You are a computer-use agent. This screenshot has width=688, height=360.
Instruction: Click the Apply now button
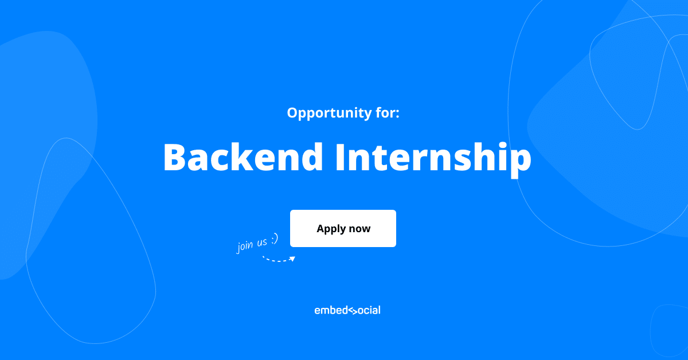pyautogui.click(x=343, y=228)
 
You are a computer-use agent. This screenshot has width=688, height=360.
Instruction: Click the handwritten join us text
pyautogui.click(x=252, y=244)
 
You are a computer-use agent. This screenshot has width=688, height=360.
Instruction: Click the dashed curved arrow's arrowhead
pyautogui.click(x=292, y=259)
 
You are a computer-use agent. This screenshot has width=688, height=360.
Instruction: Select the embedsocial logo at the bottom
pyautogui.click(x=347, y=310)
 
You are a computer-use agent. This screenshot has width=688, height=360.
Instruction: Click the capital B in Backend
pyautogui.click(x=175, y=156)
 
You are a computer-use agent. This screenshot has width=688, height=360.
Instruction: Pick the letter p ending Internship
pyautogui.click(x=519, y=161)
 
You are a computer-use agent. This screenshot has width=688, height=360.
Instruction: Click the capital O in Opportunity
pyautogui.click(x=292, y=112)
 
